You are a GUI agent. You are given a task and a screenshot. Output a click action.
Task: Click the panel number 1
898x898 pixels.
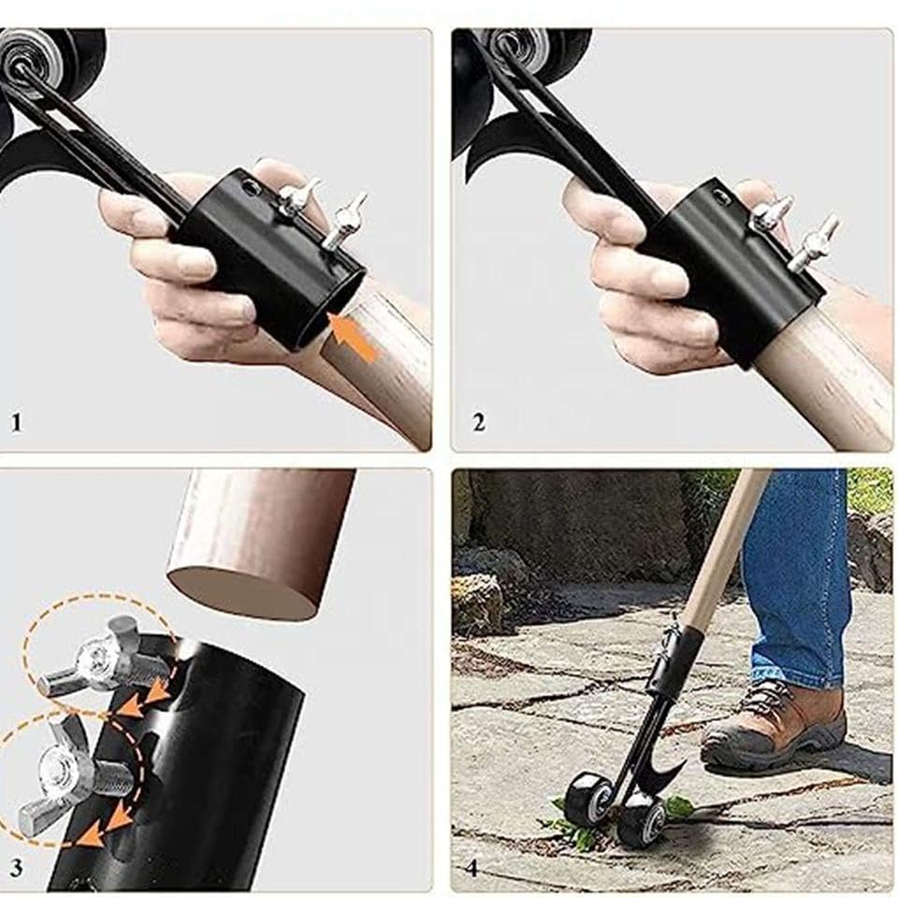(x=17, y=423)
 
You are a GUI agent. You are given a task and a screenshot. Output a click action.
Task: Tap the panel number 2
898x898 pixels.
(x=479, y=423)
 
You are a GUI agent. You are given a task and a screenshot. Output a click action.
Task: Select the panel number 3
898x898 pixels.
(x=16, y=868)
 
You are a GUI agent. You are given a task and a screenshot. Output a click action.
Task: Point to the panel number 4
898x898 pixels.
(x=471, y=868)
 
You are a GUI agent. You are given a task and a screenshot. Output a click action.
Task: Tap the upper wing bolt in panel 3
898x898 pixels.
(x=109, y=659)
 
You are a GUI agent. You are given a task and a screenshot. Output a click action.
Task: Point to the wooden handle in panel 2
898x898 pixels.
(x=825, y=367)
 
